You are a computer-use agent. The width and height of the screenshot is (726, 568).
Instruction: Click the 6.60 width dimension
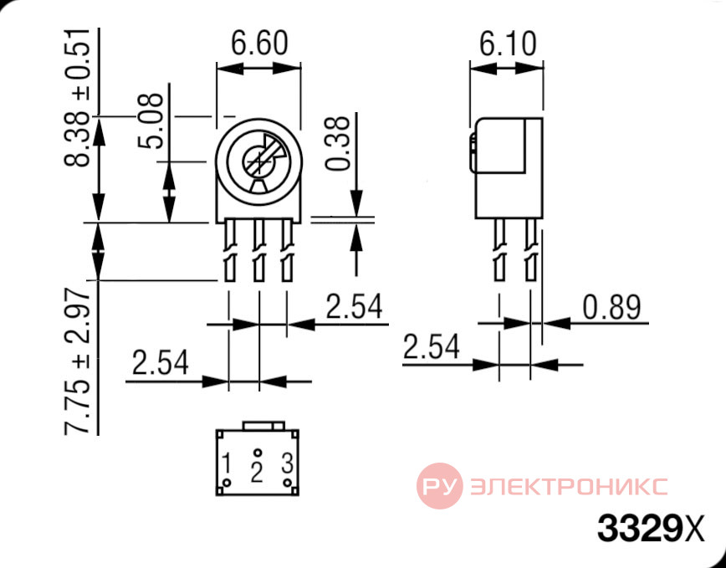tap(259, 43)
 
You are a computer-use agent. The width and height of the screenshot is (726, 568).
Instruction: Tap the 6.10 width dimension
tap(508, 44)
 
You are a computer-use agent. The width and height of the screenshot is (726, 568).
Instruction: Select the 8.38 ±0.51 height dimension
tap(77, 98)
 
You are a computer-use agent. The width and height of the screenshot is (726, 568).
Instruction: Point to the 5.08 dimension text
tap(151, 120)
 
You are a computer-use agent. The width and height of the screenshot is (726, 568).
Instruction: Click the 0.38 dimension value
tap(338, 143)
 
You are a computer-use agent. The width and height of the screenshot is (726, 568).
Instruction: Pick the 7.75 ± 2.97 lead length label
tap(77, 361)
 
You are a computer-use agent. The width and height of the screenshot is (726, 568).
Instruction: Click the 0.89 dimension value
tap(611, 307)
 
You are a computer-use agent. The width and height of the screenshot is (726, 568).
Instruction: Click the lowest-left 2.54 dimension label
tap(161, 362)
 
